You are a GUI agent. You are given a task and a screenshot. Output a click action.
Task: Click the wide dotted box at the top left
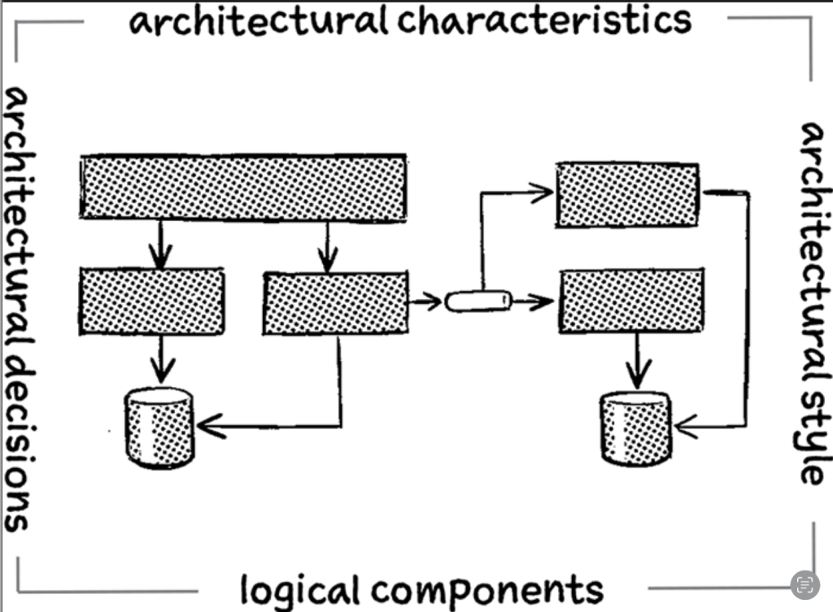[x=243, y=188]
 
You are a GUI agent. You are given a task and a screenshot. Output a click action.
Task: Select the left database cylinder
[x=159, y=428]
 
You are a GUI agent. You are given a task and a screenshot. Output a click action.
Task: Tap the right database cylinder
[x=635, y=428]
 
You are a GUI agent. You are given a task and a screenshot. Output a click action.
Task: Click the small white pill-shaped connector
[x=479, y=302]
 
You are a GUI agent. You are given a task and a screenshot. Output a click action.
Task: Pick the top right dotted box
[x=626, y=195]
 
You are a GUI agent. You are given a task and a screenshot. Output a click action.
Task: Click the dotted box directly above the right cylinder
[x=631, y=301]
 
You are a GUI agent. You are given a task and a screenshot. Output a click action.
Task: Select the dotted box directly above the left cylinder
[x=152, y=301]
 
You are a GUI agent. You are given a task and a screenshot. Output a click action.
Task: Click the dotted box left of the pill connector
[x=335, y=303]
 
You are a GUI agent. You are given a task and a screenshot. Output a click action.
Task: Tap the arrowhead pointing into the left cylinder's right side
[x=208, y=425]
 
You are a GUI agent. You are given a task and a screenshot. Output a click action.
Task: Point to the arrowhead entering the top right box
[x=543, y=192]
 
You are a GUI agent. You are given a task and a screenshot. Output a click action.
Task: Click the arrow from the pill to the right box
[x=534, y=302]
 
